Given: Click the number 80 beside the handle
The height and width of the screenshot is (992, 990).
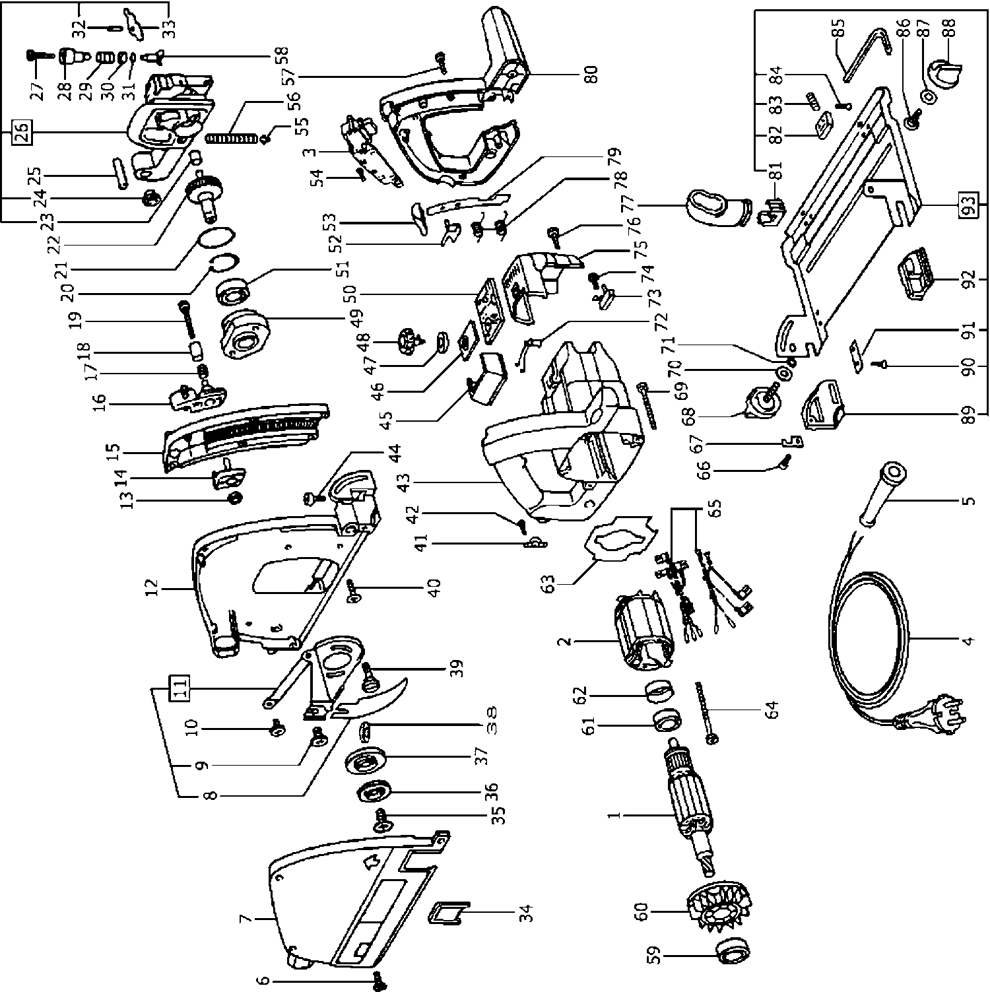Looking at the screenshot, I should click(x=590, y=73).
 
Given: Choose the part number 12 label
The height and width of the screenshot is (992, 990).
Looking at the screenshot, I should click(x=152, y=585).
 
